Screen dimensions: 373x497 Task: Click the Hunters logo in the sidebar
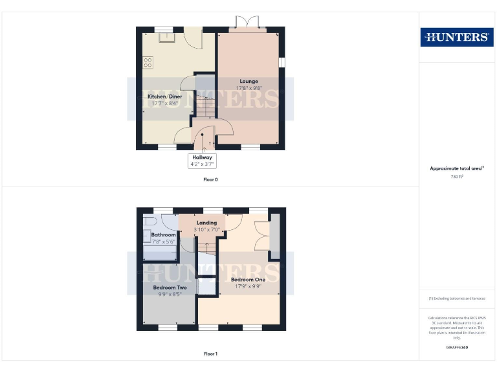click(x=456, y=37)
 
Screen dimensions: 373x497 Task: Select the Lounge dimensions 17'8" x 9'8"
click(x=249, y=87)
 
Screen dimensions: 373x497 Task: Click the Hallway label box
click(x=201, y=161)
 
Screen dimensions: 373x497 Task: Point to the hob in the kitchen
click(x=148, y=63)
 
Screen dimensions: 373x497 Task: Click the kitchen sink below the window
click(x=167, y=36)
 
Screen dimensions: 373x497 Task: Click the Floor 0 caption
click(x=210, y=179)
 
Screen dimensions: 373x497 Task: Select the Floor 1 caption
click(x=210, y=354)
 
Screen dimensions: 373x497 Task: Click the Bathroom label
click(x=163, y=234)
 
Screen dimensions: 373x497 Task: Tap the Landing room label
click(x=207, y=223)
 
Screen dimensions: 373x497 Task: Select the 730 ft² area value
click(x=457, y=176)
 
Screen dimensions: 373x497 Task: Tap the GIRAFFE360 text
click(x=457, y=348)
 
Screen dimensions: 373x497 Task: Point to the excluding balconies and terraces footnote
click(x=457, y=299)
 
